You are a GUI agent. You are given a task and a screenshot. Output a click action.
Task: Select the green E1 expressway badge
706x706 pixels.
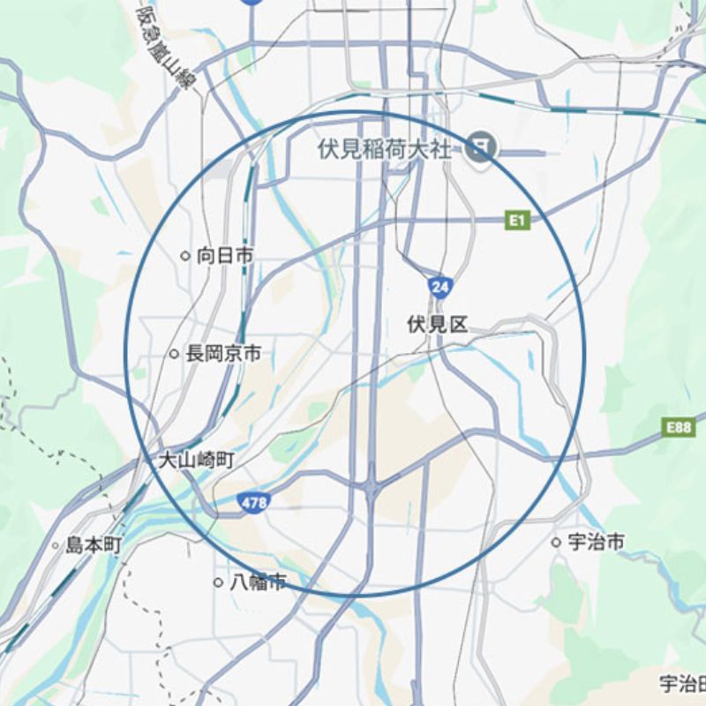[x=517, y=220]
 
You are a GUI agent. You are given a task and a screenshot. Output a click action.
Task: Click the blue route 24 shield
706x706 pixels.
[x=439, y=287]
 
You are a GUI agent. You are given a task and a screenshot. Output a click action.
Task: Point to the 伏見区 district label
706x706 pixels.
[x=437, y=325]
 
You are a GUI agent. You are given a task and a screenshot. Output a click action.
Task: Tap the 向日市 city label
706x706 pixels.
[x=225, y=256]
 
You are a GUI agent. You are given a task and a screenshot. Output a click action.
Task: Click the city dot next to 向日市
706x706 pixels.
[x=185, y=256]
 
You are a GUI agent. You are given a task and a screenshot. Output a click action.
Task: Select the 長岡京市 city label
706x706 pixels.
[x=223, y=354]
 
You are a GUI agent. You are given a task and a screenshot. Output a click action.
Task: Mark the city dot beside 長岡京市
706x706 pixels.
[x=174, y=354]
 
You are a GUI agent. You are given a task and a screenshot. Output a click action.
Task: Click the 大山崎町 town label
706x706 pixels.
[x=197, y=460]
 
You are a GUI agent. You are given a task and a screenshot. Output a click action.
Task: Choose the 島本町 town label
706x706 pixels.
[x=94, y=545]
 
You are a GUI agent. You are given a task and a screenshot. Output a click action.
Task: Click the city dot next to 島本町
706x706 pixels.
[x=56, y=545]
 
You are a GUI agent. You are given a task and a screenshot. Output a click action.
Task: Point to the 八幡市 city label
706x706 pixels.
[x=258, y=582]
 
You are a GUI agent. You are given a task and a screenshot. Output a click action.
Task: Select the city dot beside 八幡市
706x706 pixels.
[x=218, y=582]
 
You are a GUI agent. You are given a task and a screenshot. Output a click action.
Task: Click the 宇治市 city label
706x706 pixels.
[x=596, y=542]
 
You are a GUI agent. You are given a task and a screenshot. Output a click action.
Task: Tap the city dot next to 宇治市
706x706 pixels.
[x=556, y=542]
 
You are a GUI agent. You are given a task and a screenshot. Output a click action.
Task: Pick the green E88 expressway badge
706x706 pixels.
[x=679, y=428]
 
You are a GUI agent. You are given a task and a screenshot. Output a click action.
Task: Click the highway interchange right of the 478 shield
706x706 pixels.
[x=372, y=484]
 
